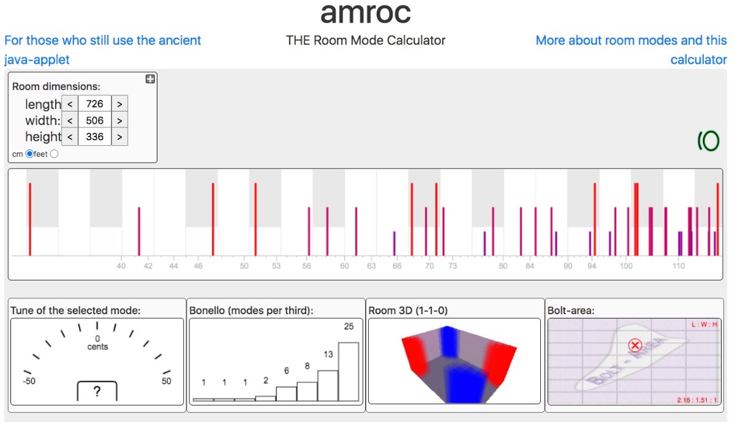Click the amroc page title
click(366, 13)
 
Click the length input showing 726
click(94, 104)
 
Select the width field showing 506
click(94, 121)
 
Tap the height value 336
click(94, 137)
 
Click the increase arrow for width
click(119, 121)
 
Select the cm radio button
click(29, 154)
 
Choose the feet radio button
click(54, 154)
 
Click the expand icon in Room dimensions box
click(150, 79)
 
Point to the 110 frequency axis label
click(679, 266)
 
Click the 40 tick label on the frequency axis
click(121, 266)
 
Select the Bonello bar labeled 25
click(349, 371)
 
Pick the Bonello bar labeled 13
click(328, 385)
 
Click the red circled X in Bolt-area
click(635, 346)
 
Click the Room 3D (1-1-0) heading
click(408, 311)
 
